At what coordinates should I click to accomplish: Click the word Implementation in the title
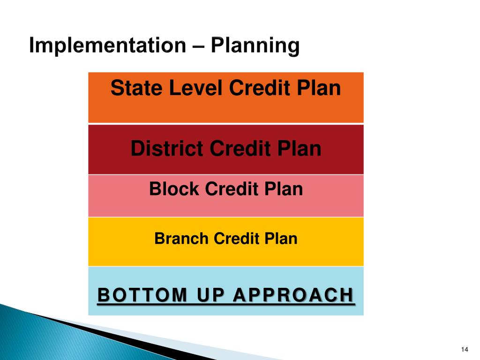coord(107,46)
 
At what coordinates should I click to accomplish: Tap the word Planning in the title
coord(255,46)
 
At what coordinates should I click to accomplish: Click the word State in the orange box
coord(136,88)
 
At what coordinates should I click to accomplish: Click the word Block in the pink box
coord(174,189)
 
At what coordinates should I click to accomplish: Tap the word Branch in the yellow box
coord(181,239)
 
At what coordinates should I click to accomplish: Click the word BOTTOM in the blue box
coord(142,295)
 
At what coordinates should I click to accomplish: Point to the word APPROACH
coord(293,295)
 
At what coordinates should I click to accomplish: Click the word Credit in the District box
coord(240,149)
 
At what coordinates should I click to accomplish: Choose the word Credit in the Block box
coord(232,189)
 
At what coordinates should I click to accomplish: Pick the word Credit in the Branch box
coord(236,239)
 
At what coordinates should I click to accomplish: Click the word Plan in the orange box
coord(319,88)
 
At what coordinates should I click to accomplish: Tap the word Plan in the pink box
coord(284,189)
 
